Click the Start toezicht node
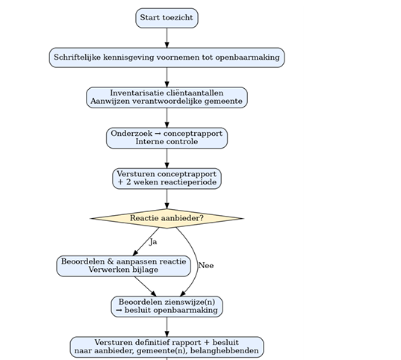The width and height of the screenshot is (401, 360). pos(167,18)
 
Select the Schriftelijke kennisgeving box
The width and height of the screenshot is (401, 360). pos(167,58)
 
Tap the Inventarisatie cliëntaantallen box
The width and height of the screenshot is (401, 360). pos(167,98)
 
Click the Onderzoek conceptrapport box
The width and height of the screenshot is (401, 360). pos(167,138)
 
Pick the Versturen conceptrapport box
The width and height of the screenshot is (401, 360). pos(167,179)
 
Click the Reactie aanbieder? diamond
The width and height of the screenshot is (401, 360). pos(167,218)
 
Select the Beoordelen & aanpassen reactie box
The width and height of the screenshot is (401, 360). pos(123,266)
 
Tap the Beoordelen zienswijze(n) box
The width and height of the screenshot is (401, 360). pos(167,306)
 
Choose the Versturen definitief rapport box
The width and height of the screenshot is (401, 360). pos(167,347)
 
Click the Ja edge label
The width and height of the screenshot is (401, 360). pos(153,242)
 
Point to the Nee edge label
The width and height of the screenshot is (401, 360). pos(206,266)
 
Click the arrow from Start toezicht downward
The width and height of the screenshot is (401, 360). pos(167,38)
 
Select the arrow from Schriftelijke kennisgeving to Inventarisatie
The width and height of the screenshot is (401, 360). pos(167,78)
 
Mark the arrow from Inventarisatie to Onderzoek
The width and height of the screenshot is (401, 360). pos(167,118)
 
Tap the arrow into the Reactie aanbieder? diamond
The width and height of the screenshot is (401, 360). pos(167,199)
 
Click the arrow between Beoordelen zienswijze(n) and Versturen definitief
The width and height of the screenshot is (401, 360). pos(167,326)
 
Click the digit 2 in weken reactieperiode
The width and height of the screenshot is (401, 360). pos(128,182)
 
